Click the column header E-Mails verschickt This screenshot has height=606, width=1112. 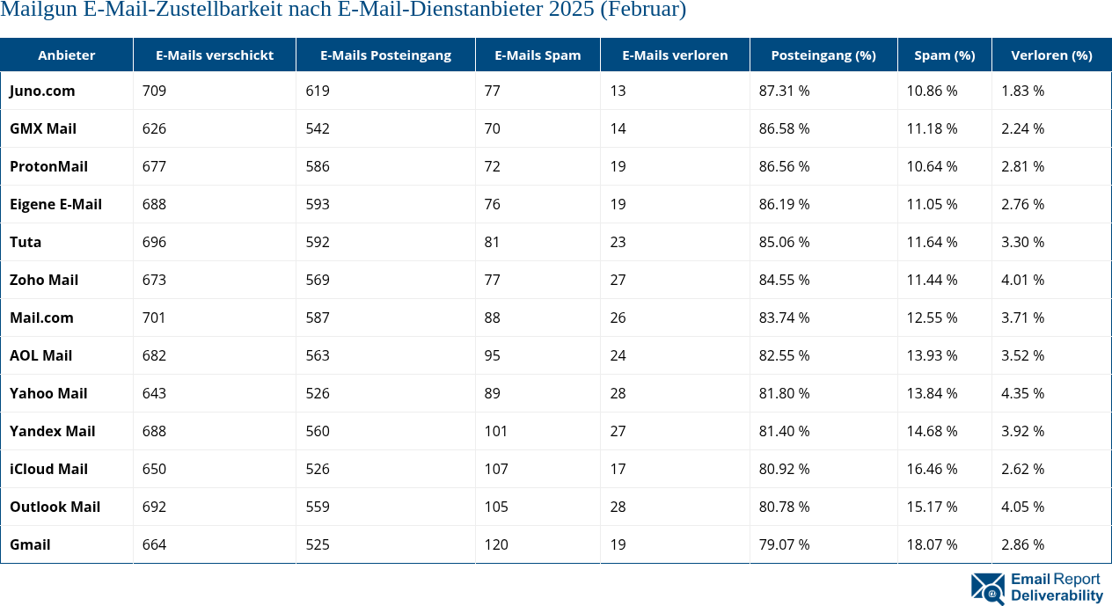(214, 55)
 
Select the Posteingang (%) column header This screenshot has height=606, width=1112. (823, 55)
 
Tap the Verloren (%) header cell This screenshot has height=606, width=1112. (1050, 55)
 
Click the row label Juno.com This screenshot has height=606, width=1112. (42, 91)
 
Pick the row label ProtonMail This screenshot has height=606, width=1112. (48, 166)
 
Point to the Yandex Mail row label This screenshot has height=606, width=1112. (52, 431)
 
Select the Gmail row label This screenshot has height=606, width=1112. (30, 544)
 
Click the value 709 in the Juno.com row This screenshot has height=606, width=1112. (154, 91)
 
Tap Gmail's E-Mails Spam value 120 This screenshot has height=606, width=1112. (496, 544)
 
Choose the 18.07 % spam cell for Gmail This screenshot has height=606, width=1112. (932, 544)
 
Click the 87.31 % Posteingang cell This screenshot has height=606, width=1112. (784, 91)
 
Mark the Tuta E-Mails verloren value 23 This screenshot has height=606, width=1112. (618, 242)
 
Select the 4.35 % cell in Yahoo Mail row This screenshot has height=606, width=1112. (1022, 393)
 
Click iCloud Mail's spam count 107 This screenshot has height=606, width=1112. (496, 469)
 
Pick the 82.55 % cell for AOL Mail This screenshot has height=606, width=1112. (784, 355)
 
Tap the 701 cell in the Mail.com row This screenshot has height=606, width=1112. (154, 318)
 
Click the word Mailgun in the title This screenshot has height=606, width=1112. (35, 11)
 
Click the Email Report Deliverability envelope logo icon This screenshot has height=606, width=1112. (988, 588)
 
